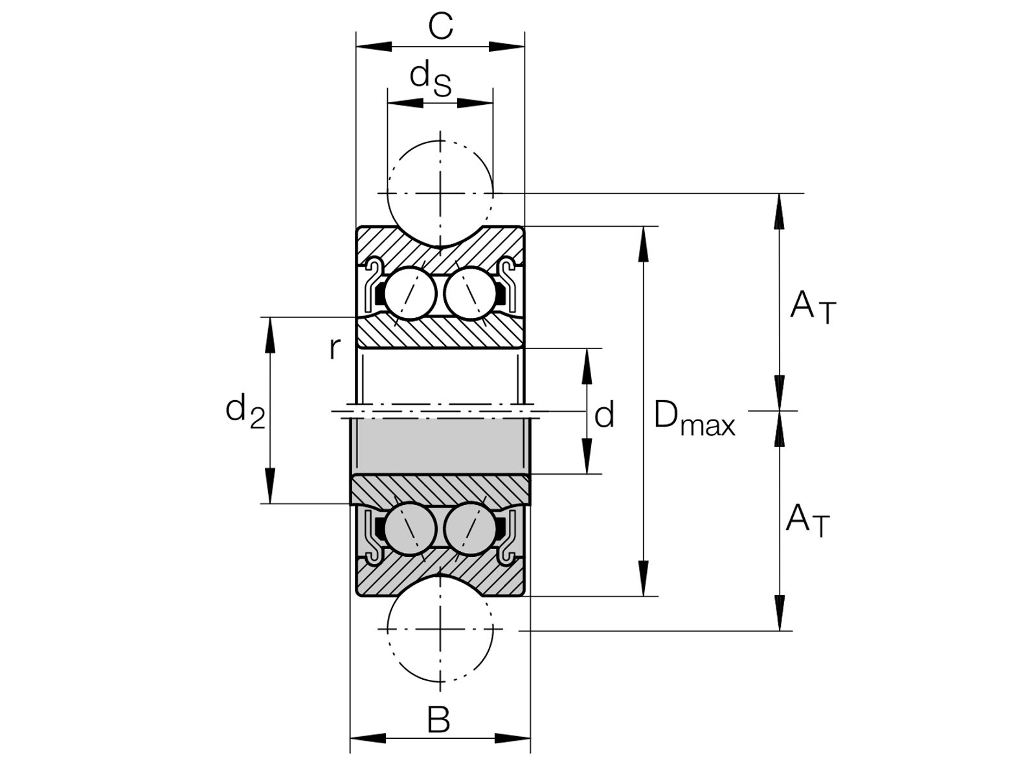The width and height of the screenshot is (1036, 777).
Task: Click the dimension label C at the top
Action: (440, 27)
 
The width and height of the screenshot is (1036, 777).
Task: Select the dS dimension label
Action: (431, 78)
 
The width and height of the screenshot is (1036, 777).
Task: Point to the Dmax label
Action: (694, 418)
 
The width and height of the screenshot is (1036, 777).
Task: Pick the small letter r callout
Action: (334, 348)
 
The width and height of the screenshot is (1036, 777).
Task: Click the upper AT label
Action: (813, 308)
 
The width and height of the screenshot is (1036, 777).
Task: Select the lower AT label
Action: (807, 520)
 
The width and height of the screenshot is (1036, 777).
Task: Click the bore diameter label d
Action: (604, 414)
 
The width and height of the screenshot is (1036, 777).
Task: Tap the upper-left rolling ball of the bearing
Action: (410, 293)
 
